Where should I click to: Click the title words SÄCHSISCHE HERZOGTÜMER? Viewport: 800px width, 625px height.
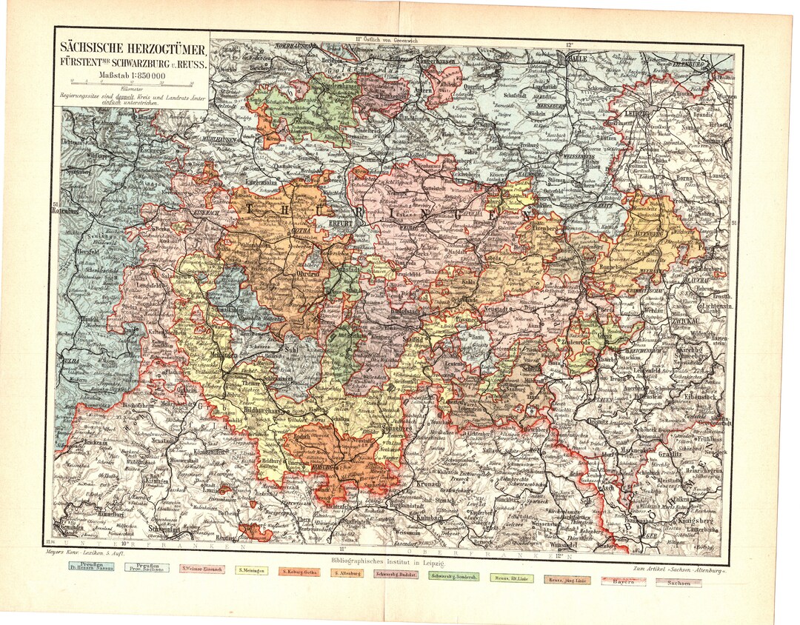coord(133,45)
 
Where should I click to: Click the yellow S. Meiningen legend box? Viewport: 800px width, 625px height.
coord(252,570)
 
